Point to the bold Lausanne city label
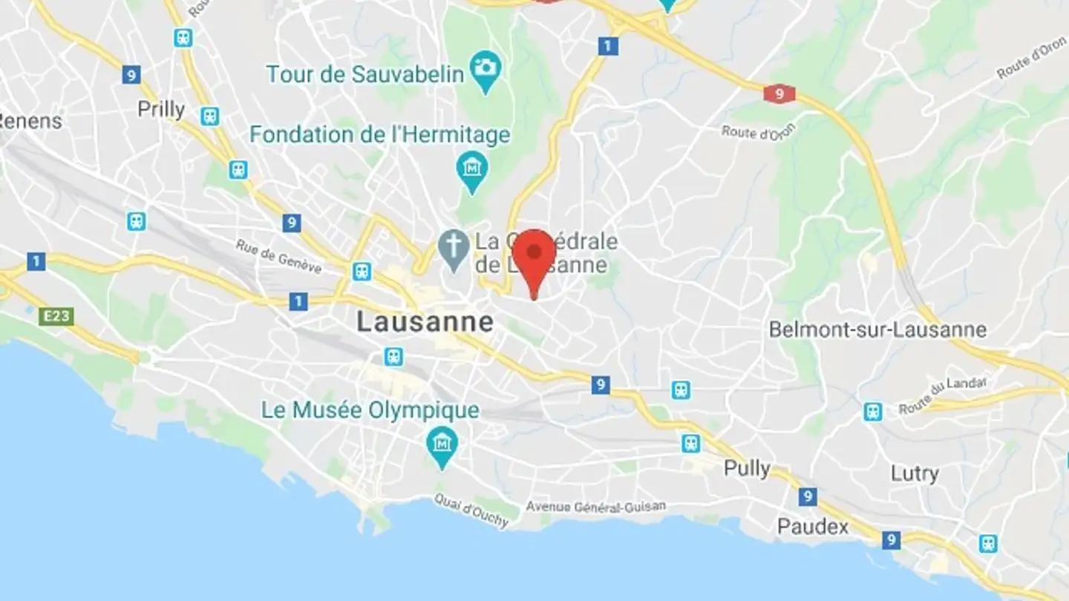click(x=425, y=322)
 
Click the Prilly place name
click(x=161, y=110)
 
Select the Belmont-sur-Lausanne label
click(x=877, y=329)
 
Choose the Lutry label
click(x=915, y=473)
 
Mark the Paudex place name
click(x=812, y=527)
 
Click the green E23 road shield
click(x=56, y=317)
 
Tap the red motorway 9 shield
click(x=779, y=94)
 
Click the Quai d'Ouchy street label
click(x=471, y=510)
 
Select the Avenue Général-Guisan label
click(x=595, y=507)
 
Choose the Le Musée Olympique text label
click(x=370, y=410)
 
